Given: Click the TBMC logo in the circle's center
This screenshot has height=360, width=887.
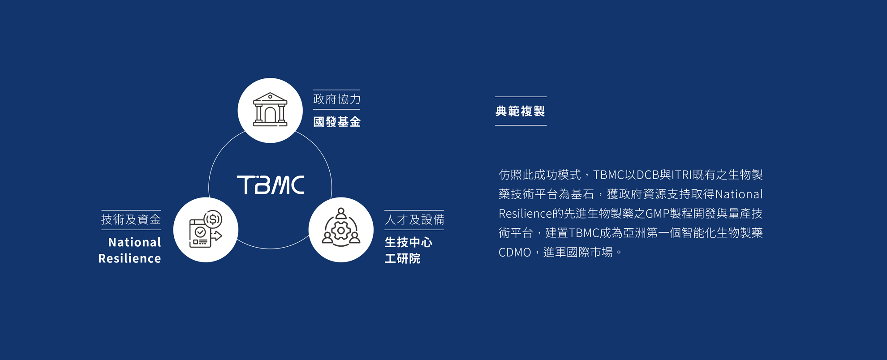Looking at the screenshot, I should pos(271,185).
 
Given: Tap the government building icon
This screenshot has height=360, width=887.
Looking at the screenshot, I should pos(270,110).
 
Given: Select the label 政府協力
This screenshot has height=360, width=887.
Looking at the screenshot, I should pos(337,99).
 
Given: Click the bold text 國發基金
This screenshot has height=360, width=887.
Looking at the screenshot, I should pos(337,122).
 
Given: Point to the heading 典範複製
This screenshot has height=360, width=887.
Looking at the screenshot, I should pos(520,111).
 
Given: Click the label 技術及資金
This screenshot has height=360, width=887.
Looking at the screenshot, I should pos(131,220).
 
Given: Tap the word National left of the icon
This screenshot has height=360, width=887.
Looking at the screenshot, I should pos(134,242).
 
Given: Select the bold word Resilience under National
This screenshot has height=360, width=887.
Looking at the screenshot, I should pos(129,258).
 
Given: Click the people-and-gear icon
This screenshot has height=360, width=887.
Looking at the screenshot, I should pos(341,229).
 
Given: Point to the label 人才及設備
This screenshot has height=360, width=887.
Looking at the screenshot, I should pos(414,220).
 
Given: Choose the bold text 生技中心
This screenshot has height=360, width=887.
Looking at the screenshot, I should pos(409,242).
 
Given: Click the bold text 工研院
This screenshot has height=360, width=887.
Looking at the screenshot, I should pos(402,258).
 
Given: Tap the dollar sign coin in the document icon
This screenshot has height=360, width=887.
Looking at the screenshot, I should pos(213,219).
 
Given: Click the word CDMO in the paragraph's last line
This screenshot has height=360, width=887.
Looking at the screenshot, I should pos(515,253).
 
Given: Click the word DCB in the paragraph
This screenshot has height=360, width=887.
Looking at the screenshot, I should pos(648,175).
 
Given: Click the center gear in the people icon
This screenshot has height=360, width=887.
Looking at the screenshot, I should pos(341,231).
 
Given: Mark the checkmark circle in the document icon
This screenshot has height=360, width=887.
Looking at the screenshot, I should pos(200,232).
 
